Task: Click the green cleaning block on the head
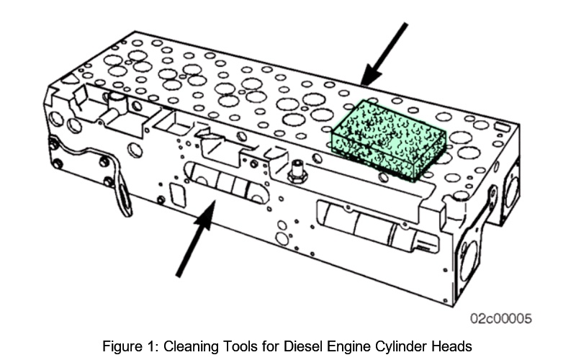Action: coord(387,140)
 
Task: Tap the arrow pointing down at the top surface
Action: coord(384,54)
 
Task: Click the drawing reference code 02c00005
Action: coord(502,318)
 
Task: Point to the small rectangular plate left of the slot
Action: coord(175,194)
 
